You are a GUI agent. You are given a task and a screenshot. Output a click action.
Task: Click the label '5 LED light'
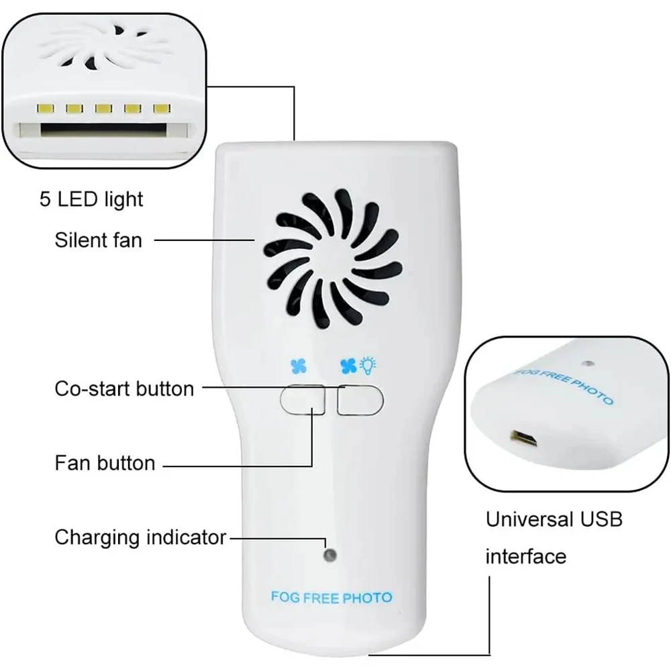90,199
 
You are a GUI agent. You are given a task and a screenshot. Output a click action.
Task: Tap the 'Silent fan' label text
98,239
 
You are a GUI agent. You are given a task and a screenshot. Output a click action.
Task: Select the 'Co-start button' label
124,388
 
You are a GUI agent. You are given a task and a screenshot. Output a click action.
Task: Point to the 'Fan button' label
105,462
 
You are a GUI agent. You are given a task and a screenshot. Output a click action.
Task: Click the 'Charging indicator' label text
140,537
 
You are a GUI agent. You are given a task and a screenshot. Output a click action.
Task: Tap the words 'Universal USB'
554,519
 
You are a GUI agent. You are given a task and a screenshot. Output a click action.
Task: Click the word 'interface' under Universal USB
525,556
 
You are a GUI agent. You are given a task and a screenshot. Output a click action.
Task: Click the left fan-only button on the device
302,400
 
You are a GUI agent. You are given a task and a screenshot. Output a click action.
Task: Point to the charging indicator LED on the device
329,556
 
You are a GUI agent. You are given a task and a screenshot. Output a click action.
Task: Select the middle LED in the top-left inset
103,107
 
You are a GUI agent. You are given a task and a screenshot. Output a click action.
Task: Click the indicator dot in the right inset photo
588,363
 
